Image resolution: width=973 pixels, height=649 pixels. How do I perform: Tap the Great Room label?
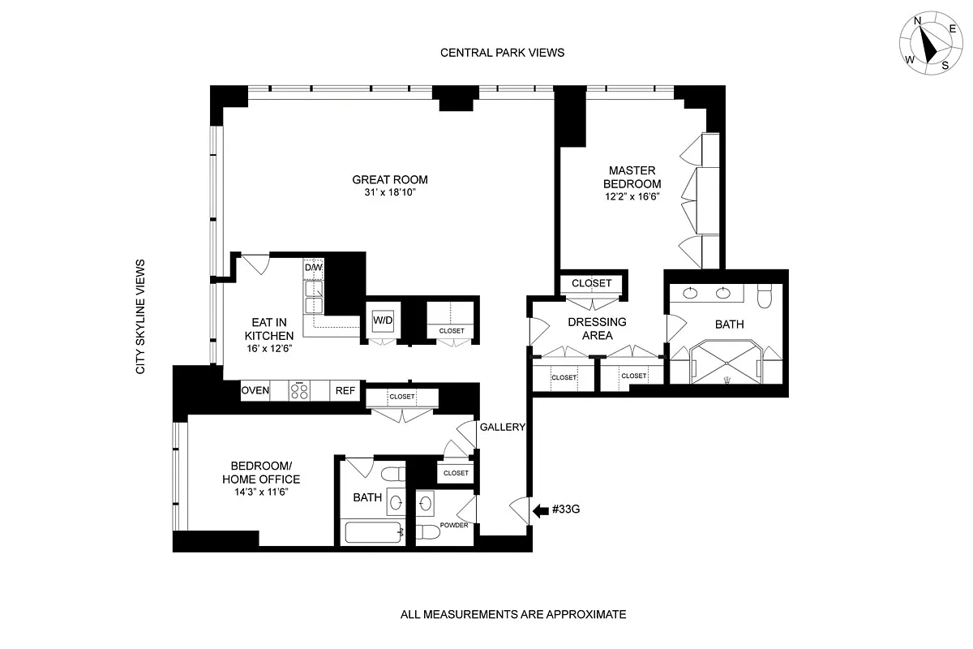click(390, 180)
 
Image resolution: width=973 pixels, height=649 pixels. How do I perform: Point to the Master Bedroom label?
click(635, 177)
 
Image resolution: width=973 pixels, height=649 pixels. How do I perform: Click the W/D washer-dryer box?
click(383, 320)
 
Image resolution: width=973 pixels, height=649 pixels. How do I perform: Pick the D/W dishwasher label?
click(314, 267)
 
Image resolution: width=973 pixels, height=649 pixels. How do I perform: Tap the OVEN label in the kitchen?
click(255, 391)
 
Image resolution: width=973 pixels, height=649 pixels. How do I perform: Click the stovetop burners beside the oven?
click(300, 391)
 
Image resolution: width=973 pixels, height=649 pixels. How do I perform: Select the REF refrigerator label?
click(345, 391)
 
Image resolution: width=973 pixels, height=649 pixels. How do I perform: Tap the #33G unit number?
click(567, 510)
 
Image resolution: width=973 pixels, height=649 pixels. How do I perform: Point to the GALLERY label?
click(502, 428)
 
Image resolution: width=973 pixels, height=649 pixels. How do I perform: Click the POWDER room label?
click(455, 526)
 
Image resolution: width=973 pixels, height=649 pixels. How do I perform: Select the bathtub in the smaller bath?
click(373, 533)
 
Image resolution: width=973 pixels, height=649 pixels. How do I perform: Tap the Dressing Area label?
click(596, 329)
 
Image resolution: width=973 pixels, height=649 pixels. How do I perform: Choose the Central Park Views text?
click(502, 53)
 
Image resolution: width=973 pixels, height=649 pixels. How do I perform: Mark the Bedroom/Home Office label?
click(260, 472)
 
